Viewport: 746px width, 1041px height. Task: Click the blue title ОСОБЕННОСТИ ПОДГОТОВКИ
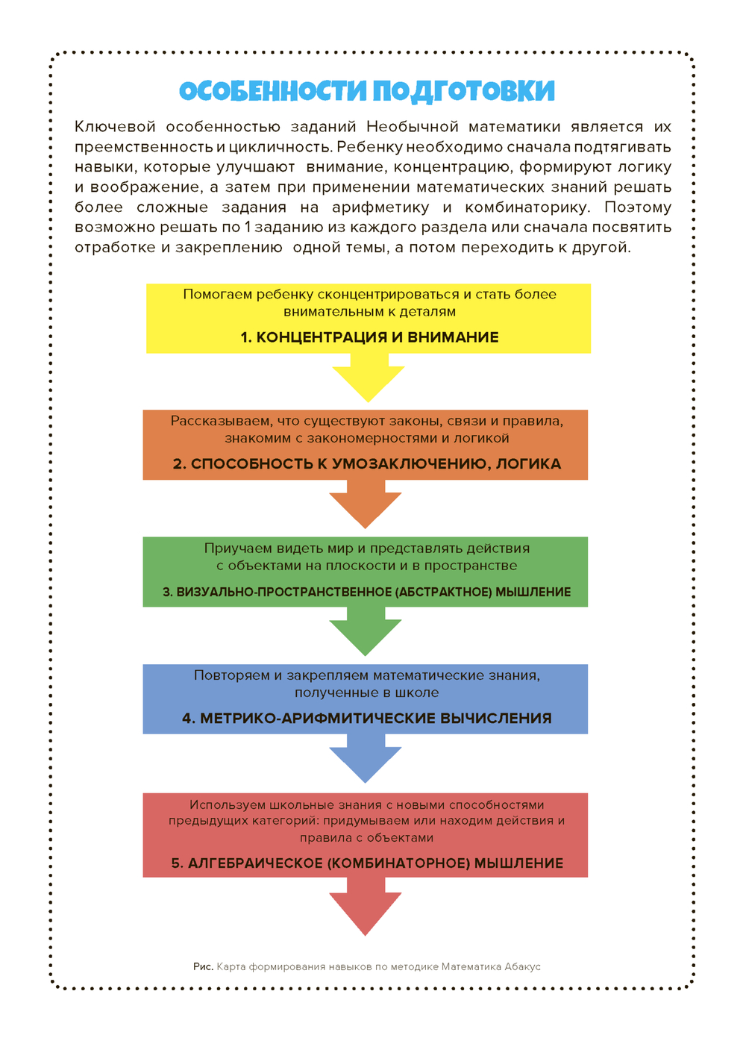[x=367, y=91]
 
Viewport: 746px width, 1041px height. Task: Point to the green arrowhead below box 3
[x=366, y=635]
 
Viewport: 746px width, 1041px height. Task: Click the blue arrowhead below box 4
[x=366, y=762]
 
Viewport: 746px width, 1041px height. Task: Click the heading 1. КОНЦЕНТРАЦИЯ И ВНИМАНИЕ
[x=369, y=337]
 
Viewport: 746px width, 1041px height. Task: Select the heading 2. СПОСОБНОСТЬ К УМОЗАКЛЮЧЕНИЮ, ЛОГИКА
[x=366, y=464]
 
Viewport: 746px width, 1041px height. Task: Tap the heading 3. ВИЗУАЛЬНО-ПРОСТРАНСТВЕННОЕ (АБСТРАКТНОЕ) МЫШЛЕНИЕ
[x=366, y=592]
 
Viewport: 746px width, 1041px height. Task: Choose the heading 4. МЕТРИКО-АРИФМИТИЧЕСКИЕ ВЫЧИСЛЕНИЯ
[x=366, y=719]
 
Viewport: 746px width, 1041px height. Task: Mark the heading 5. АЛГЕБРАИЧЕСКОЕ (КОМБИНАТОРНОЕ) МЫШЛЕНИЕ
[x=366, y=863]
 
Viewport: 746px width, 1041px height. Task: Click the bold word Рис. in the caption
[x=203, y=966]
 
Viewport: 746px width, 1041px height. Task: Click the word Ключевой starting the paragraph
[x=114, y=127]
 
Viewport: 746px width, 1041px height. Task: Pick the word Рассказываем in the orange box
[x=216, y=422]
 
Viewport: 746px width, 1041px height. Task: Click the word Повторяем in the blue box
[x=232, y=675]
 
